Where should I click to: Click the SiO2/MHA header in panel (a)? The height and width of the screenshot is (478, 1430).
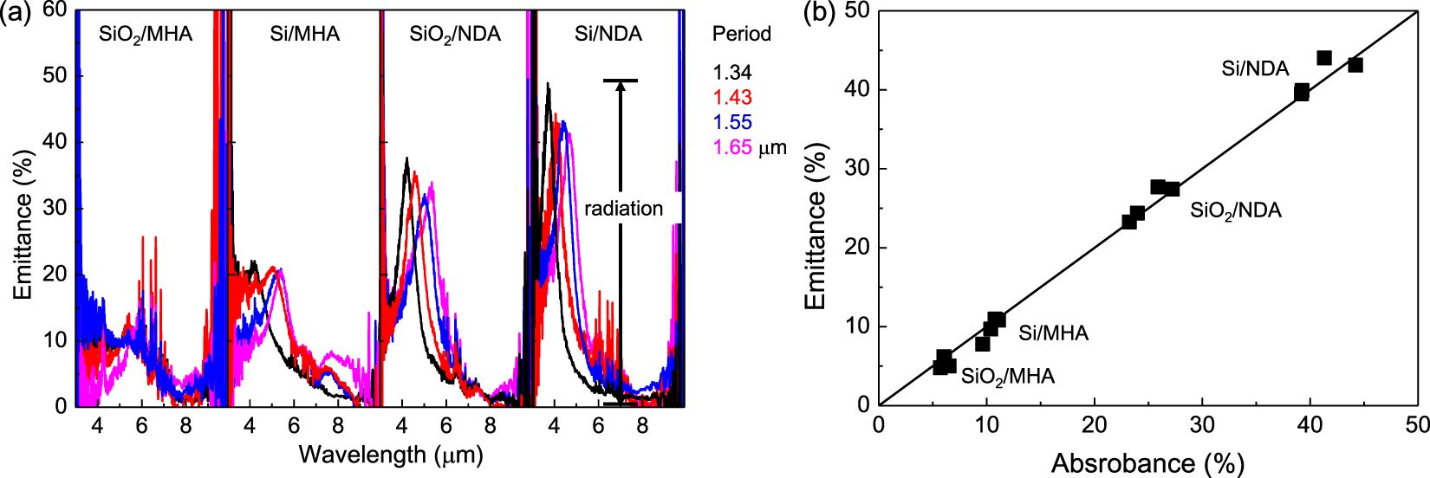click(146, 35)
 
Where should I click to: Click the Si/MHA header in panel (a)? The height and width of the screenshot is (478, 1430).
click(305, 34)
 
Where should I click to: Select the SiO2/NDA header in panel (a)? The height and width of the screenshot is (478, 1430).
click(455, 35)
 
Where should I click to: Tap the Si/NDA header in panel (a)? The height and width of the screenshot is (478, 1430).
click(608, 34)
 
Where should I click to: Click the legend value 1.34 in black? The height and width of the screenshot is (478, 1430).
click(732, 73)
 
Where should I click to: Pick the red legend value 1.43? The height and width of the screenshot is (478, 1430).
click(732, 98)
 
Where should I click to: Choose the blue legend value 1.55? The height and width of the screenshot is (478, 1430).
click(732, 123)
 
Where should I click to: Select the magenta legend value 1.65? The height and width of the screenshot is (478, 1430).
click(732, 147)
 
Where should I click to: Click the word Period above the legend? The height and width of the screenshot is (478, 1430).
click(741, 34)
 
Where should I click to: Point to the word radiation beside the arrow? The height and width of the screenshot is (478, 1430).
click(623, 209)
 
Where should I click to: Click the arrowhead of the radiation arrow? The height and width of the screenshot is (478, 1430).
click(621, 87)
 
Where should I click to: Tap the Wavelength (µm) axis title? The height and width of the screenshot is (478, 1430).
click(390, 454)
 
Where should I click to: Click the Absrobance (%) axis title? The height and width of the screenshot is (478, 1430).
click(1147, 463)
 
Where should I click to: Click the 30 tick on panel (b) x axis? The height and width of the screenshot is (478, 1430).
click(1202, 423)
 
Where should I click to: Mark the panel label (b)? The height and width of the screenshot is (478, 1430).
click(819, 12)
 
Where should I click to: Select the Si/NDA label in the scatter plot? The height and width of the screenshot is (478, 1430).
click(1255, 68)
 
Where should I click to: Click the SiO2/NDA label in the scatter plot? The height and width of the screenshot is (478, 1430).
click(1235, 210)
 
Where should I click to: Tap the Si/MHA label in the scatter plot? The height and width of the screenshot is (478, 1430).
click(1053, 333)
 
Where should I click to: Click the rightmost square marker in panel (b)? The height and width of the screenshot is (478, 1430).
click(1355, 65)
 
